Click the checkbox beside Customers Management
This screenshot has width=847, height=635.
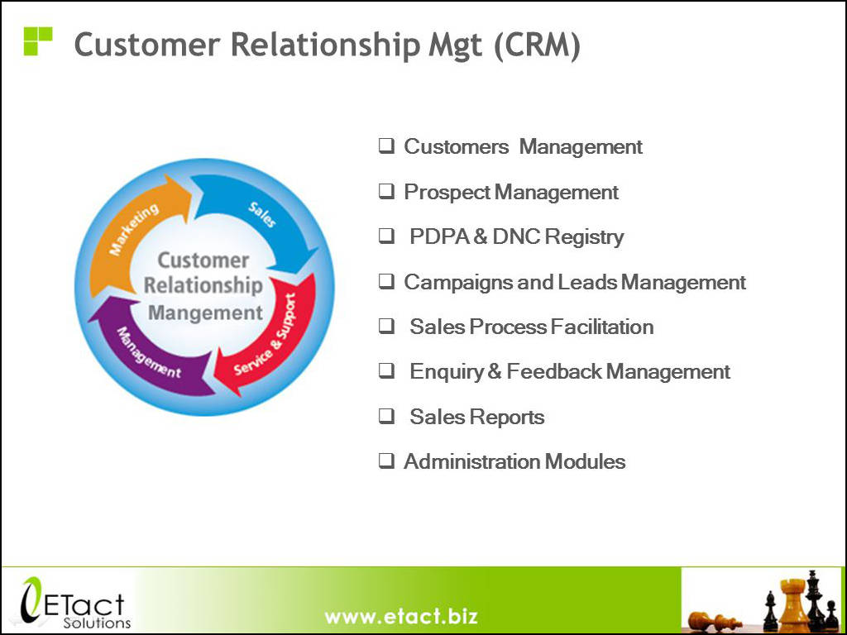pyautogui.click(x=386, y=146)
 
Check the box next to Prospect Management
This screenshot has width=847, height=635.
pyautogui.click(x=386, y=191)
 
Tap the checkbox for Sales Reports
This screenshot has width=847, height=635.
pyautogui.click(x=386, y=416)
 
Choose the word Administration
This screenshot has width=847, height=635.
pyautogui.click(x=471, y=461)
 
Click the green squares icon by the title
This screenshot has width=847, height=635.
pyautogui.click(x=38, y=41)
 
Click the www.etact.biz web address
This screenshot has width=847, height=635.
pyautogui.click(x=401, y=616)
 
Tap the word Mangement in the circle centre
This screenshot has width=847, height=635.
pyautogui.click(x=205, y=313)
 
